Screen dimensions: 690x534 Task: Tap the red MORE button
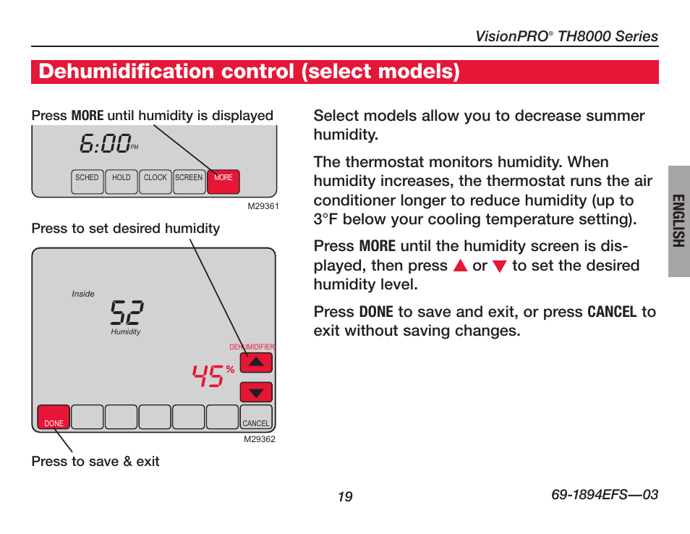click(223, 182)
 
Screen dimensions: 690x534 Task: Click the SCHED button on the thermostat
click(87, 182)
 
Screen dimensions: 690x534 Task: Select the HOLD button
click(121, 182)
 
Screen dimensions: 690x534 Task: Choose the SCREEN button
click(189, 182)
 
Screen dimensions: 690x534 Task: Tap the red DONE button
click(54, 417)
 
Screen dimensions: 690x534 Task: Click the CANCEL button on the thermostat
click(255, 417)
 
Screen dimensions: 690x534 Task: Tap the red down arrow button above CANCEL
click(256, 392)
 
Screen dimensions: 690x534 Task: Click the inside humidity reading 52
click(127, 312)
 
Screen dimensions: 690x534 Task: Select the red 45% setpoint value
click(213, 376)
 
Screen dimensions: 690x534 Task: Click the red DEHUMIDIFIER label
click(252, 347)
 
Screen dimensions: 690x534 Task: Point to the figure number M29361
click(263, 206)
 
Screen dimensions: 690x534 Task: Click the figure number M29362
click(260, 439)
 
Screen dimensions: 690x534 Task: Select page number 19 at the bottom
click(345, 496)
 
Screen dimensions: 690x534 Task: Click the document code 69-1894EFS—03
click(605, 494)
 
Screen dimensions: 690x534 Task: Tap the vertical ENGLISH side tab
click(679, 221)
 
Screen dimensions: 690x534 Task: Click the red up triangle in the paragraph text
click(460, 266)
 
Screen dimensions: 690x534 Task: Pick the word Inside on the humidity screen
click(83, 294)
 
